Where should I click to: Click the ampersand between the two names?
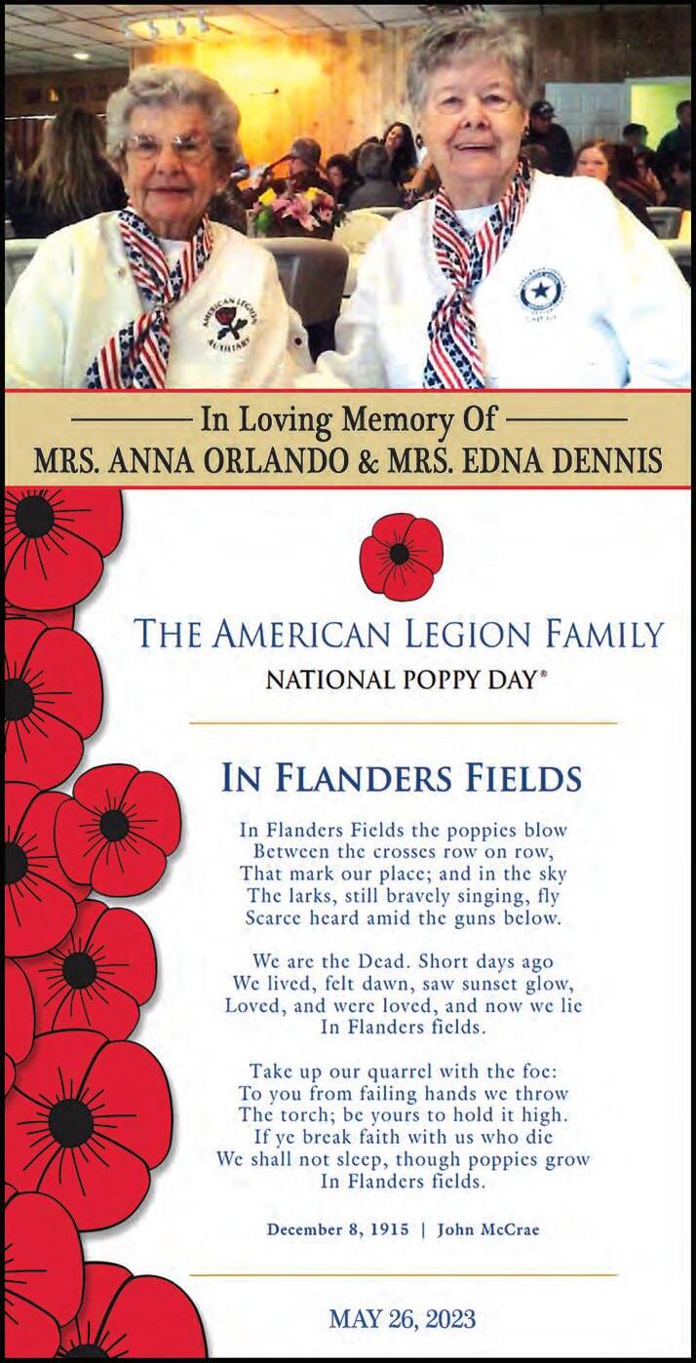tap(368, 459)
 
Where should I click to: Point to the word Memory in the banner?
tap(390, 421)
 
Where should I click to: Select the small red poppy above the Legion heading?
tap(401, 557)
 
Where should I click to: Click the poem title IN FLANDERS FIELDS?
tap(402, 778)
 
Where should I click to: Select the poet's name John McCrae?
tap(487, 1229)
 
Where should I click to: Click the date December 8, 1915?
tap(338, 1229)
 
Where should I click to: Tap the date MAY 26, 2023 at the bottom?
tap(402, 1320)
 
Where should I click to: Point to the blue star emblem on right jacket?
tap(541, 291)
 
